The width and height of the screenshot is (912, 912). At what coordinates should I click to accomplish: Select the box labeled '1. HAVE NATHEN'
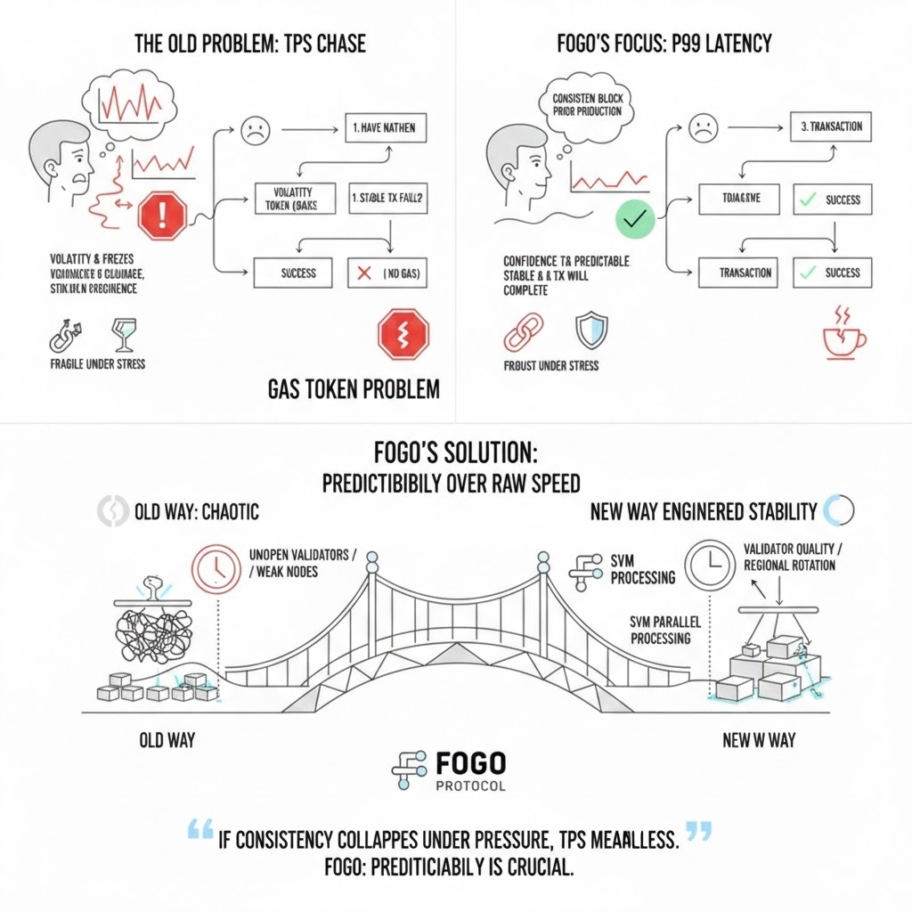click(384, 128)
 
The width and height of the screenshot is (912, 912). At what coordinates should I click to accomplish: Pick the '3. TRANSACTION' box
click(830, 126)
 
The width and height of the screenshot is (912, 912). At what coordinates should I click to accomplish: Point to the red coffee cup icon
click(842, 338)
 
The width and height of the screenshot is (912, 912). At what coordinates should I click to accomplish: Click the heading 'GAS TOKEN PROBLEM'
click(353, 389)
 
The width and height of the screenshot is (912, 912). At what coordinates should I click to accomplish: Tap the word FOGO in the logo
click(471, 763)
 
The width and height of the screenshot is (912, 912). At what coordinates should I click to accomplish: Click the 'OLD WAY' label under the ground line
click(167, 740)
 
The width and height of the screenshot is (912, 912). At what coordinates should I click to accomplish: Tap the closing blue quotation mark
click(700, 833)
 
